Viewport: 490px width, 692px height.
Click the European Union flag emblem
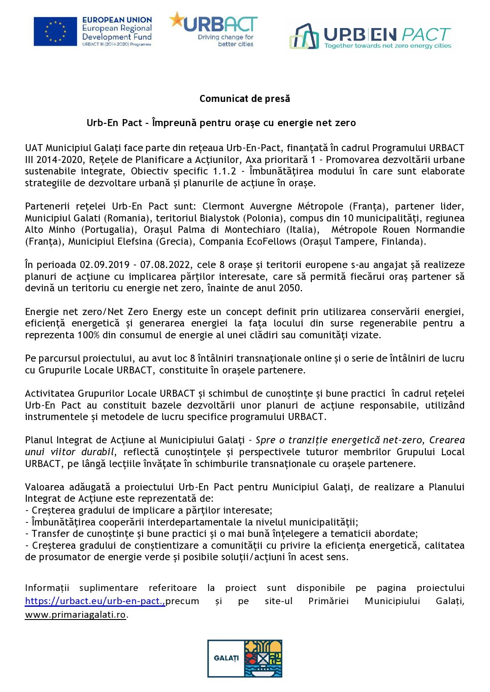tap(55, 31)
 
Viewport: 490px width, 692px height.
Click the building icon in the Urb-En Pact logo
tap(304, 36)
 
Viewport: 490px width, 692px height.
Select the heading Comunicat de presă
tap(245, 99)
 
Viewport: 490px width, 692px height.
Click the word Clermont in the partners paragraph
tap(223, 207)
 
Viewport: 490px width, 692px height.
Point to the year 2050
tap(290, 288)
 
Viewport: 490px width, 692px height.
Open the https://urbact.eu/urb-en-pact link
tap(95, 601)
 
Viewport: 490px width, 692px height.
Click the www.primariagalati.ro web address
tap(75, 615)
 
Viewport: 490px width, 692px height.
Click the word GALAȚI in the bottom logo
tap(226, 658)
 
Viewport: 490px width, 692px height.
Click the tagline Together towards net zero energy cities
tap(388, 46)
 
